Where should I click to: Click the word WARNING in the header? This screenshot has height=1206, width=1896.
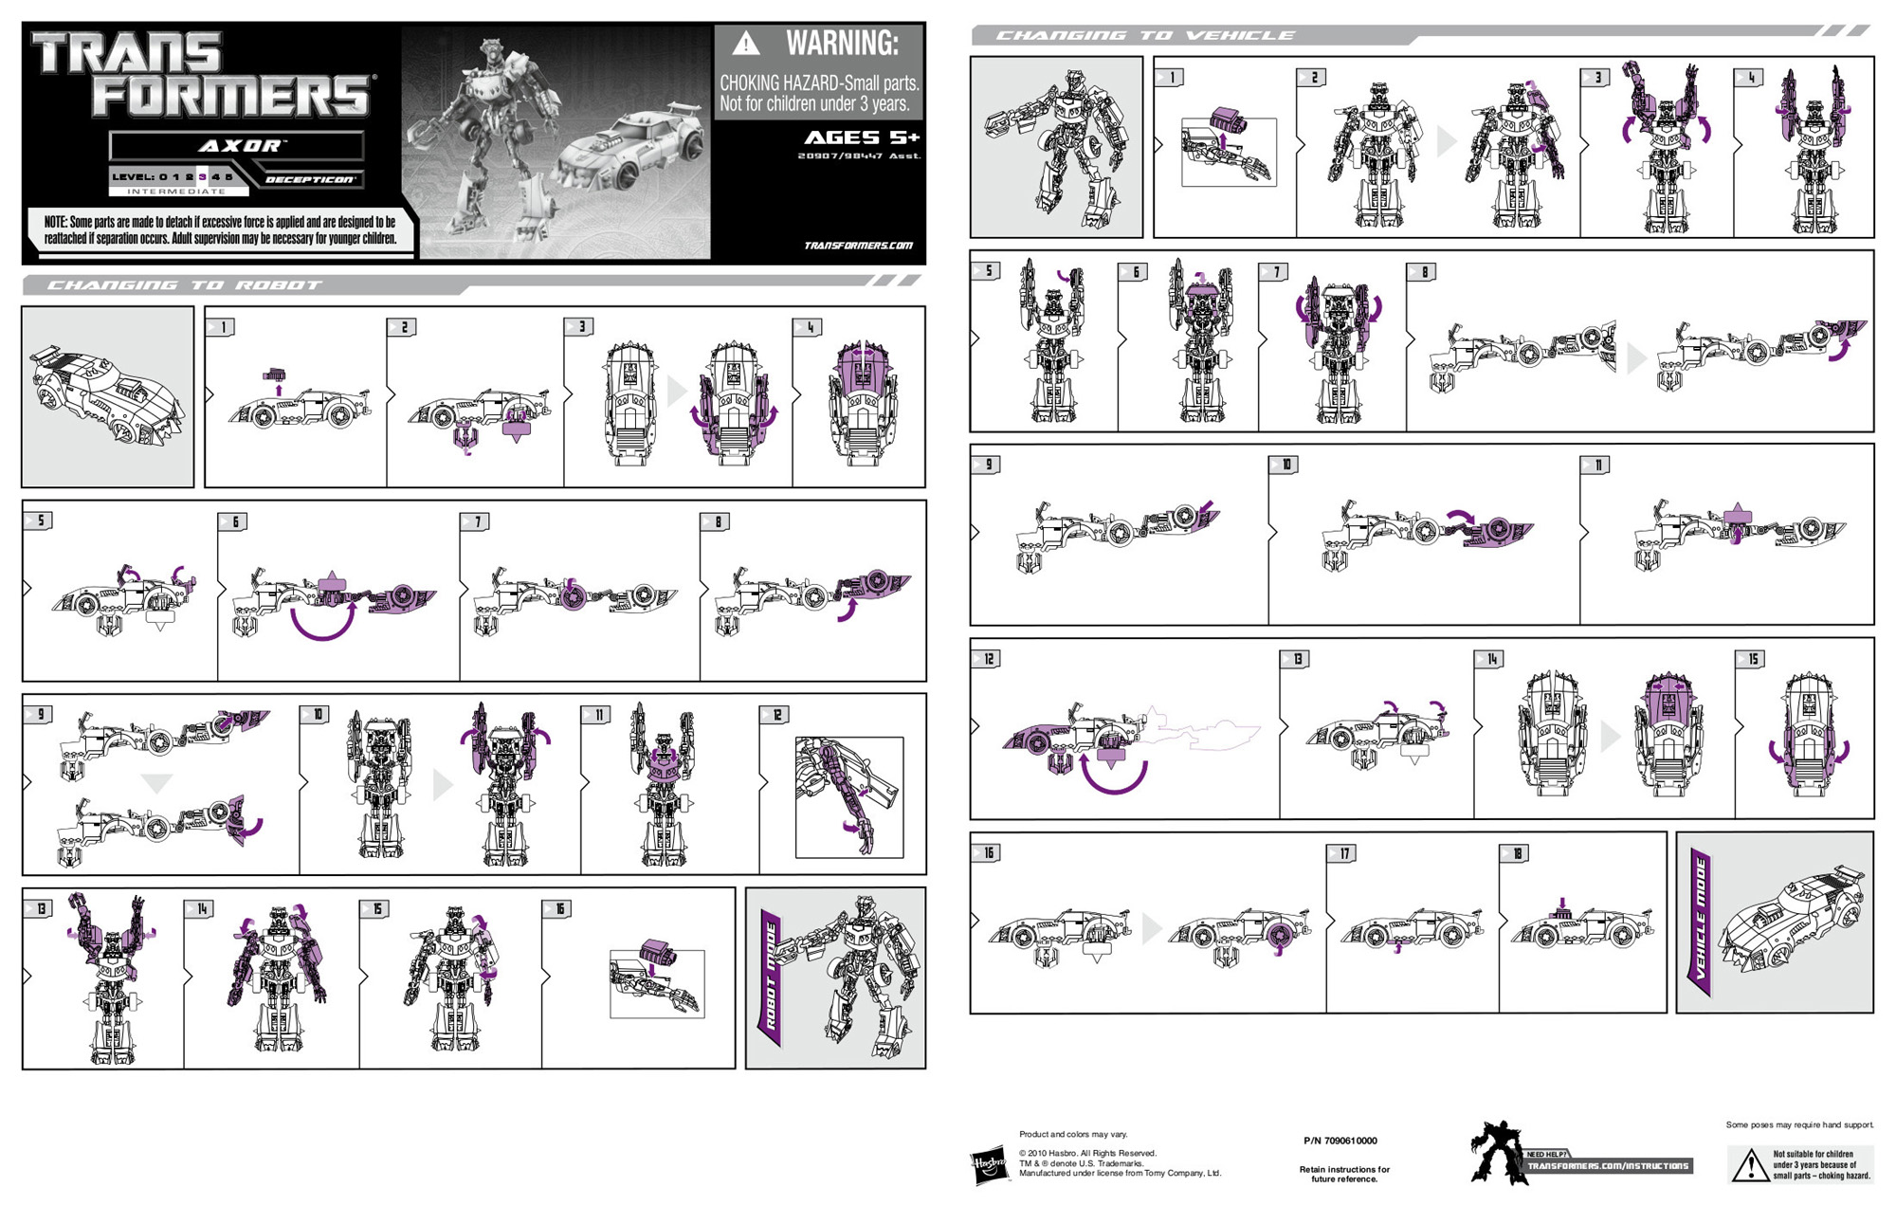[x=841, y=44]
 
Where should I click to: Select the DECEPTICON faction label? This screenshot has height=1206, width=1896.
[x=309, y=179]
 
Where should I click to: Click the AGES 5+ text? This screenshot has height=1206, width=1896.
[x=861, y=137]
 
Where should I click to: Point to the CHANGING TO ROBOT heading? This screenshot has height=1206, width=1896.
[x=185, y=284]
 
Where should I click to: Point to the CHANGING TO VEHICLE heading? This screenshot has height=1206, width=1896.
[x=1144, y=36]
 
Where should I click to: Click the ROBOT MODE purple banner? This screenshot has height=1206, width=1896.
[x=771, y=978]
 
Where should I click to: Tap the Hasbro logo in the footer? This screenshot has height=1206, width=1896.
[x=989, y=1163]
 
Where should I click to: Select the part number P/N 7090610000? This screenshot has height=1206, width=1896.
[x=1340, y=1141]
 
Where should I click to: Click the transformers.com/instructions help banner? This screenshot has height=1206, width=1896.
[x=1608, y=1165]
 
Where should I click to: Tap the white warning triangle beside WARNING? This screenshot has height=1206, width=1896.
[x=746, y=44]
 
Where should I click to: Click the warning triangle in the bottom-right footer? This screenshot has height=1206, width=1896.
[x=1749, y=1167]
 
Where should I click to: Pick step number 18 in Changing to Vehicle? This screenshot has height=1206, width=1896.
[x=1516, y=853]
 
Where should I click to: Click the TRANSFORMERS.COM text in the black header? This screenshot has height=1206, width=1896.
[x=858, y=246]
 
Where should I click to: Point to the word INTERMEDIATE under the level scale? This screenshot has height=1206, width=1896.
[x=176, y=192]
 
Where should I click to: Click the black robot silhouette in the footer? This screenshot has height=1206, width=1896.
[x=1495, y=1152]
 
